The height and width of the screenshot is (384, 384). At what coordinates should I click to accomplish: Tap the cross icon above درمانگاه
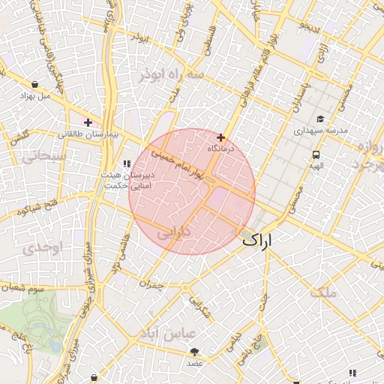tap(220, 138)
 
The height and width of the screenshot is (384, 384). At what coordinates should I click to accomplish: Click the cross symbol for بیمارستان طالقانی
tap(88, 121)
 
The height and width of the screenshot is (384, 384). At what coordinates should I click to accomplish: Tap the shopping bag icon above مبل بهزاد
tap(35, 84)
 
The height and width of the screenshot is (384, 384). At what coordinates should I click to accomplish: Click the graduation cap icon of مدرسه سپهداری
tap(321, 118)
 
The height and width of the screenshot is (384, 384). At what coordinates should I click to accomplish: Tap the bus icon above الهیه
tap(316, 154)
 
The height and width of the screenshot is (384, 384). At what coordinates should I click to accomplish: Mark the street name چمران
tap(151, 284)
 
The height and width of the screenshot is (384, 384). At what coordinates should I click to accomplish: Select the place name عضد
tap(195, 364)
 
